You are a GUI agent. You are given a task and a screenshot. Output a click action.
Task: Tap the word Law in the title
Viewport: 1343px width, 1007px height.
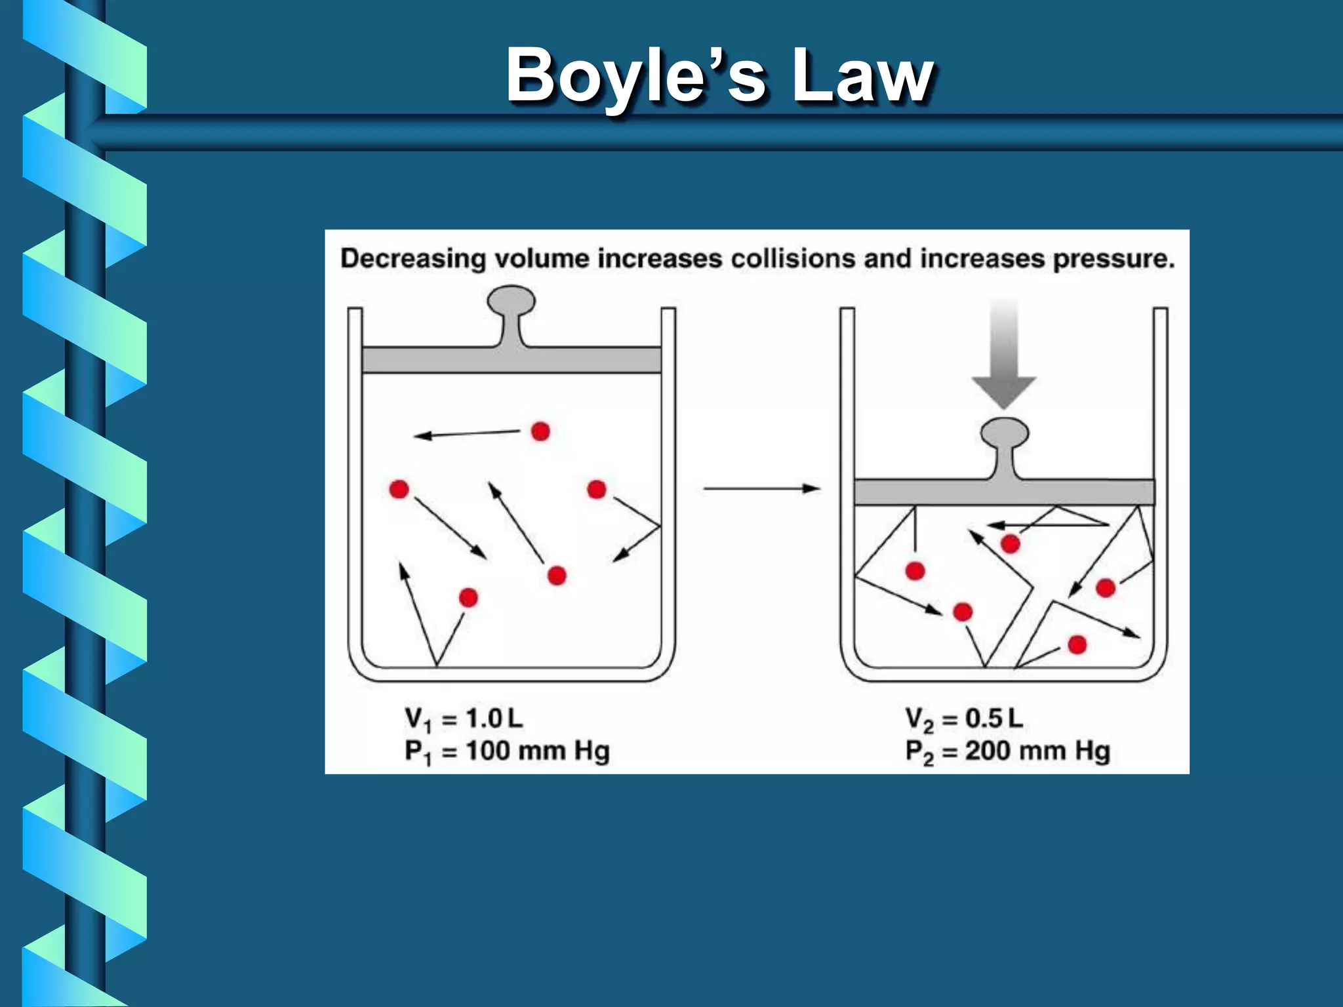862,77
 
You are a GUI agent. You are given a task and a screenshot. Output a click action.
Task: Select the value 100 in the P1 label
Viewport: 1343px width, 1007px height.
488,751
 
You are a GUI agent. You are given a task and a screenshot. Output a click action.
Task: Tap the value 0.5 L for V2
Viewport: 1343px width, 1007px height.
993,719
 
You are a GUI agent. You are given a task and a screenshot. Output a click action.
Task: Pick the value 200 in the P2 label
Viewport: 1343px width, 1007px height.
988,751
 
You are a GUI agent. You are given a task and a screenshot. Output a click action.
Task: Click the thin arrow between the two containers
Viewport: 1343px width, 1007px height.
761,488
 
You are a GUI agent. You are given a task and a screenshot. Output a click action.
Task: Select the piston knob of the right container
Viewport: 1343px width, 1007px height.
1004,435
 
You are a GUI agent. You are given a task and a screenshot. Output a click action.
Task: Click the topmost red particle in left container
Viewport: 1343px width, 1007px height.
540,431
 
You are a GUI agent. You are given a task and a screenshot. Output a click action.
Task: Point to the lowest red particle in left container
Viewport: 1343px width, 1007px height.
468,598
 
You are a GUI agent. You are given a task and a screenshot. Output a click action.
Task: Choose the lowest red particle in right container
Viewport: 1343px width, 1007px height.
1077,645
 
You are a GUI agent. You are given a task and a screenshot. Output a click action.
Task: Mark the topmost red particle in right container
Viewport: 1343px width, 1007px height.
1011,543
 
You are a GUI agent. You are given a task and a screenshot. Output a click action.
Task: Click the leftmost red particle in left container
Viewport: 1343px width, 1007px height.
399,489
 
